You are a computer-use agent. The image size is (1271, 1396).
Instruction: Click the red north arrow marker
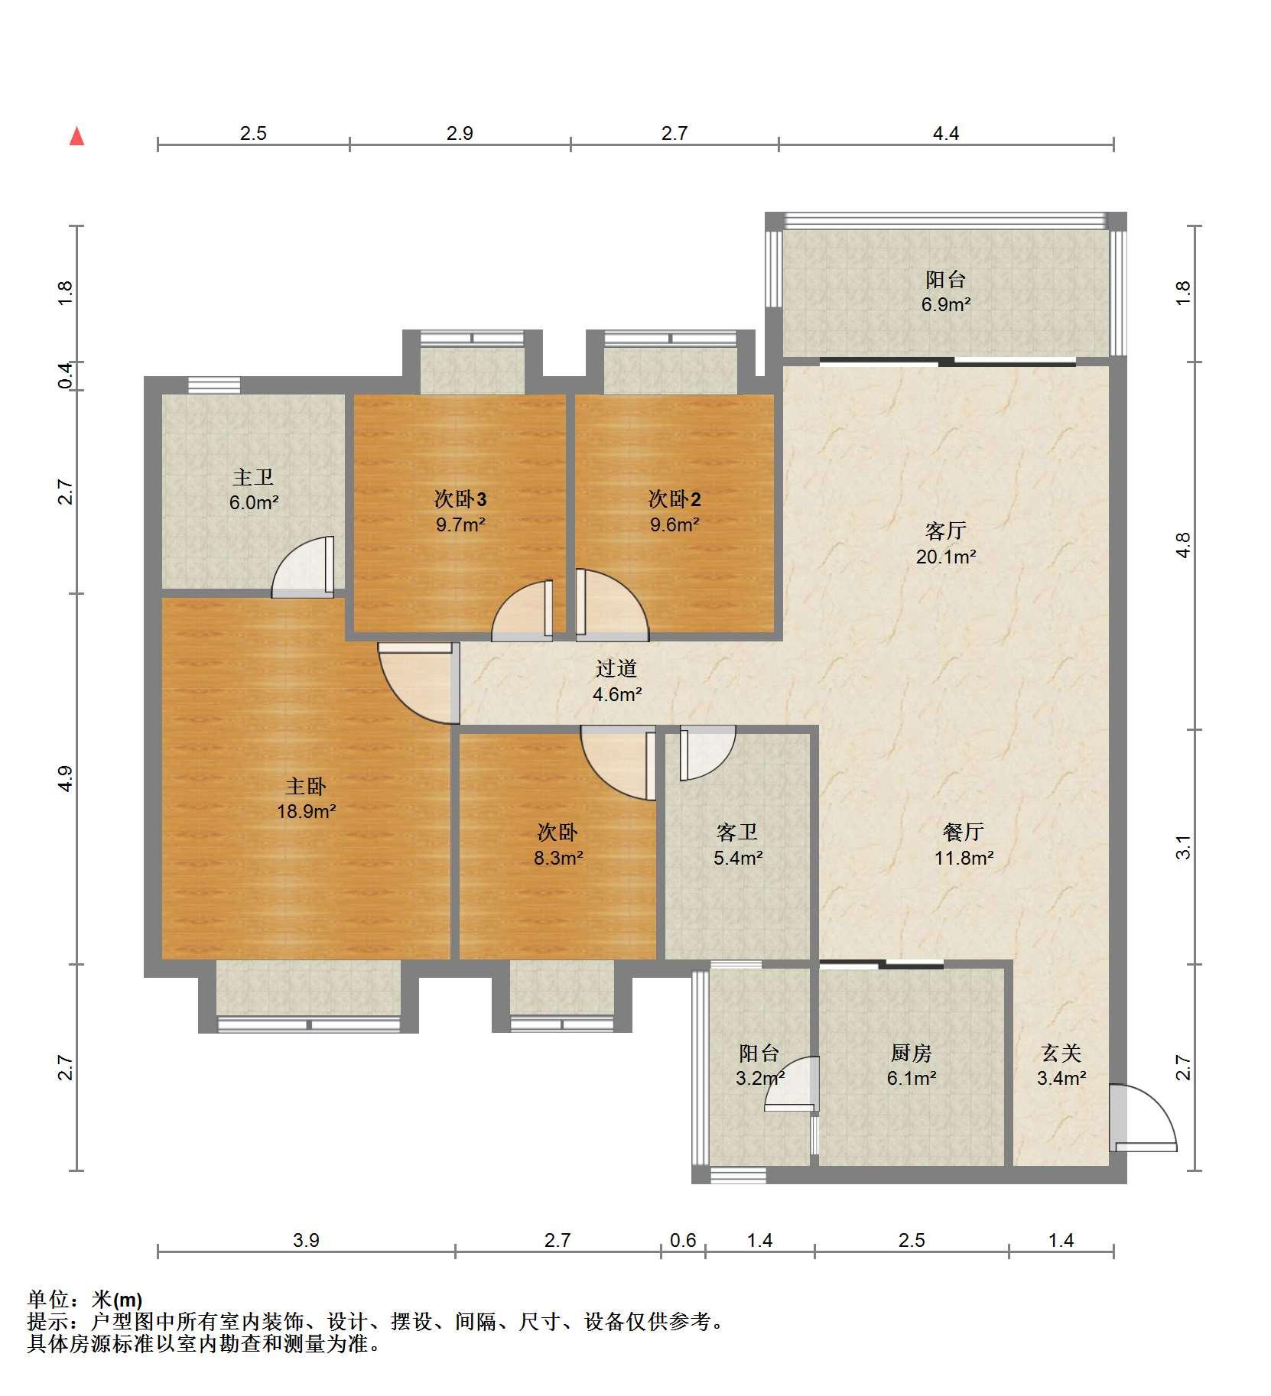[x=76, y=137]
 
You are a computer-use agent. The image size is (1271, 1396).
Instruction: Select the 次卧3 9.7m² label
[x=460, y=511]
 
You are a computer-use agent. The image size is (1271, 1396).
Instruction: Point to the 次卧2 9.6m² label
[x=675, y=511]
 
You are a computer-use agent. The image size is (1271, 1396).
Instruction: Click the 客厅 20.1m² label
[x=946, y=543]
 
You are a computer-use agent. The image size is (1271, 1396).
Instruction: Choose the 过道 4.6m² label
[x=616, y=681]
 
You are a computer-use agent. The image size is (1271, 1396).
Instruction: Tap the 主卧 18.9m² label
[x=306, y=798]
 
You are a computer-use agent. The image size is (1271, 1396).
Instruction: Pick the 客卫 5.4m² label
[x=737, y=844]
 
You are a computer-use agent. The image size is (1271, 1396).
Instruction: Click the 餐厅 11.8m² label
[x=964, y=844]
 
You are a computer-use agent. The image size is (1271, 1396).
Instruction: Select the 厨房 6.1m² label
[x=912, y=1066]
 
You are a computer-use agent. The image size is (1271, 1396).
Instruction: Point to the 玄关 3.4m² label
[x=1061, y=1066]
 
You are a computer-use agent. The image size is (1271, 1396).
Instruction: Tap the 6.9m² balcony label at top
[x=946, y=292]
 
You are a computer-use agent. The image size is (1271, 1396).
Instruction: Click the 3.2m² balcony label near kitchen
[x=760, y=1066]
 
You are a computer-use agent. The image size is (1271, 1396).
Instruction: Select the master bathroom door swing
[x=303, y=567]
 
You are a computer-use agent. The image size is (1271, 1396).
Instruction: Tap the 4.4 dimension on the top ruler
[x=946, y=133]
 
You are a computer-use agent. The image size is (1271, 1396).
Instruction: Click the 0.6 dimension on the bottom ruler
[x=683, y=1240]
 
